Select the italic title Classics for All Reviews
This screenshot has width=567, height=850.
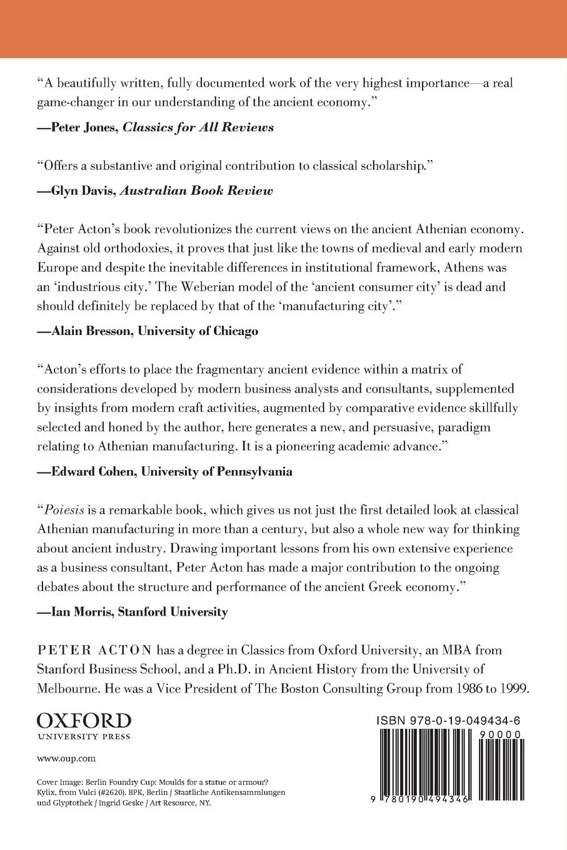198,127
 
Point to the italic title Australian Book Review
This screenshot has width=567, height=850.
198,191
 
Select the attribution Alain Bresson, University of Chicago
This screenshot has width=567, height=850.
148,331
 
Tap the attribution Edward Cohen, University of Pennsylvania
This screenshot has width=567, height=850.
164,472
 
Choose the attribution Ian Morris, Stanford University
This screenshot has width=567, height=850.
132,612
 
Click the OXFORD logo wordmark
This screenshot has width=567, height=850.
84,721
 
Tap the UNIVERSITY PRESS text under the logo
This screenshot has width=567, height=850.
84,737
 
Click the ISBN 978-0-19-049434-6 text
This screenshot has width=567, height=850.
449,721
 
